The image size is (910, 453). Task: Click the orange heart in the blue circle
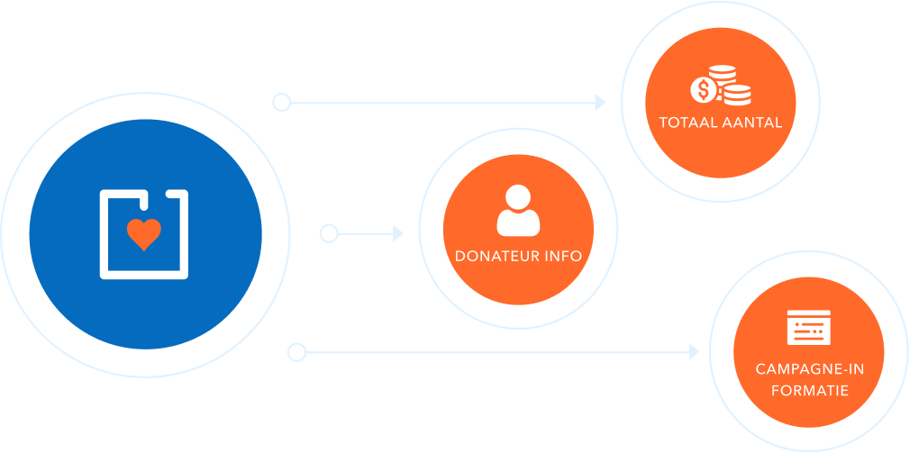pyautogui.click(x=143, y=234)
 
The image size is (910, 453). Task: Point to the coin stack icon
pyautogui.click(x=736, y=91)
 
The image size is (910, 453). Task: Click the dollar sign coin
pyautogui.click(x=703, y=89)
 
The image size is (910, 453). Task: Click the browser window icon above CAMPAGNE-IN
pyautogui.click(x=809, y=328)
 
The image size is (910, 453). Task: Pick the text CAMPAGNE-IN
pyautogui.click(x=809, y=370)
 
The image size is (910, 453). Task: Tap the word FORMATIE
pyautogui.click(x=809, y=391)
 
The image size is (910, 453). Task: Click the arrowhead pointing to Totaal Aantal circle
pyautogui.click(x=601, y=103)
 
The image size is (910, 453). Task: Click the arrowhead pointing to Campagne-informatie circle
pyautogui.click(x=694, y=350)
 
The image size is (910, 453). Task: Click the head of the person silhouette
pyautogui.click(x=518, y=198)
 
